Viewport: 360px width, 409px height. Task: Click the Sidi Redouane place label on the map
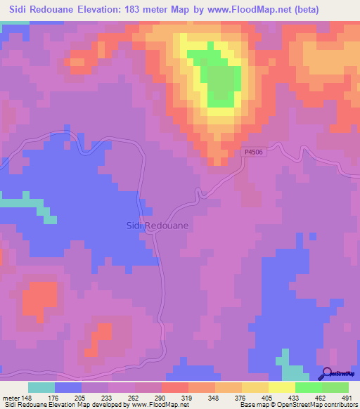[157, 226]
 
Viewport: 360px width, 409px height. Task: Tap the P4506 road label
[254, 151]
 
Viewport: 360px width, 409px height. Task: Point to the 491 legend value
[345, 398]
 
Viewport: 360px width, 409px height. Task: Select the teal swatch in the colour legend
[41, 387]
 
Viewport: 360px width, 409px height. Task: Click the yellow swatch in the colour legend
[282, 387]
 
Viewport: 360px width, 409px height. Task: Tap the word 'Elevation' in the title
[89, 10]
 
